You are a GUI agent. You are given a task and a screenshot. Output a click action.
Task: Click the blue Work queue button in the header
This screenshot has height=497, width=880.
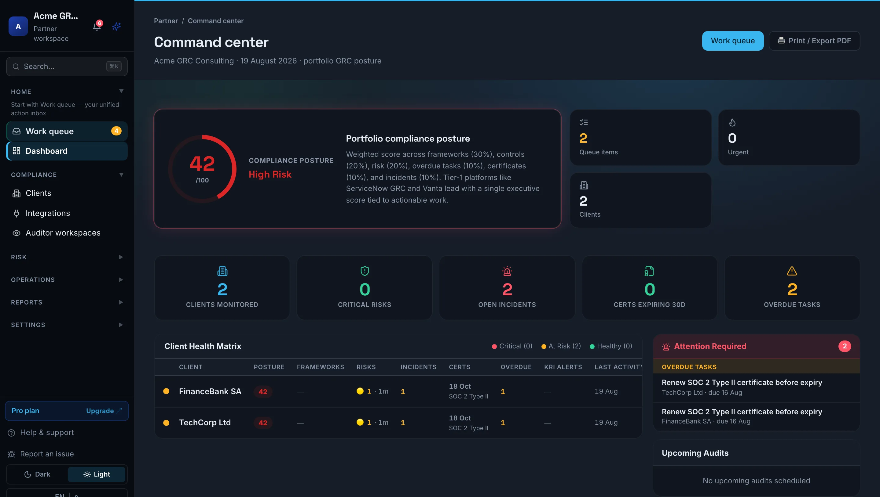tap(732, 41)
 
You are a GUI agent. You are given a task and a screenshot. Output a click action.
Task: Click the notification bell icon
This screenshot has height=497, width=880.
tap(97, 27)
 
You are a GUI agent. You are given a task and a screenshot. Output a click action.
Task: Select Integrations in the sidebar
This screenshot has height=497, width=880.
tap(47, 213)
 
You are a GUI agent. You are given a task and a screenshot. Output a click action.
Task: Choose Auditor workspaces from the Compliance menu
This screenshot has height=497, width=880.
tap(63, 233)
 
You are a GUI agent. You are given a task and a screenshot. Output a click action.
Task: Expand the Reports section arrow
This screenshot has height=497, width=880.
tap(121, 302)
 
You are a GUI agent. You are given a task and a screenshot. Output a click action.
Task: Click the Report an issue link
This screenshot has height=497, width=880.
tap(47, 454)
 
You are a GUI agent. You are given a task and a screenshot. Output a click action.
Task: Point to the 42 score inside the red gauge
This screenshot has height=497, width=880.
tap(202, 164)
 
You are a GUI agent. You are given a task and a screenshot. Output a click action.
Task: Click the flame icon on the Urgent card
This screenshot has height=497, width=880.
tap(732, 122)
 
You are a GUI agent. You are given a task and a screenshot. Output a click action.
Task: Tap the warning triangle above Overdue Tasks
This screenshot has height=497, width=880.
tap(791, 271)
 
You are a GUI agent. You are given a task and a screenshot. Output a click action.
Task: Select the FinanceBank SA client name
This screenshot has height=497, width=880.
tap(210, 391)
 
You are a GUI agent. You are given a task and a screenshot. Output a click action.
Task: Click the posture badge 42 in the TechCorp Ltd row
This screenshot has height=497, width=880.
tap(262, 423)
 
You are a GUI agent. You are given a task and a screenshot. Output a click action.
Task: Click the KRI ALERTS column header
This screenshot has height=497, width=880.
tap(563, 367)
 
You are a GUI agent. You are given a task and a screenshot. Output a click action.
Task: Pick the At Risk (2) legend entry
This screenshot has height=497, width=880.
tap(561, 346)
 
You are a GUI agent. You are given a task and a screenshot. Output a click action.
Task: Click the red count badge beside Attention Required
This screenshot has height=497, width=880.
tap(844, 346)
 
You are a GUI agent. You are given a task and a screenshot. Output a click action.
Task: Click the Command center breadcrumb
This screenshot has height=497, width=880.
tap(216, 21)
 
